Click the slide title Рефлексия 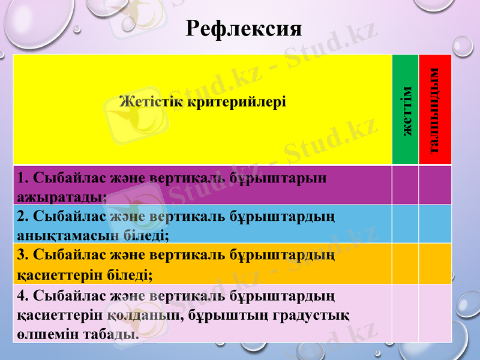coord(244,28)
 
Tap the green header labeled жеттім coord(406,110)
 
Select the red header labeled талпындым coord(435,110)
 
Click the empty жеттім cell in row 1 coord(406,185)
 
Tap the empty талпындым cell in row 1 coord(435,185)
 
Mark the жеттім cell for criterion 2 coord(406,224)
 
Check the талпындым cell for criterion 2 coord(435,224)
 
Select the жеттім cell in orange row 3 coord(406,263)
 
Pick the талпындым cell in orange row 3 coord(435,263)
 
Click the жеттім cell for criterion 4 coord(406,313)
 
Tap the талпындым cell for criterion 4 coord(435,313)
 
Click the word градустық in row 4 coord(318,314)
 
